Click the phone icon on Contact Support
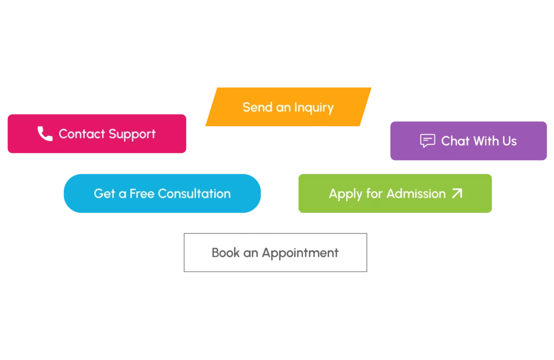[x=45, y=134]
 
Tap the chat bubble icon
[x=427, y=141]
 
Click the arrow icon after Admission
[x=457, y=193]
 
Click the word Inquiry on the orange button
[x=314, y=108]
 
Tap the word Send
[x=257, y=107]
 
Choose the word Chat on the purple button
[x=455, y=141]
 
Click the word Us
[x=509, y=141]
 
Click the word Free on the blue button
[x=142, y=193]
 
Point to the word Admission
[x=416, y=193]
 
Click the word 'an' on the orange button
[x=283, y=108]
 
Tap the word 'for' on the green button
[x=374, y=193]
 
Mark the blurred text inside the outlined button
[x=276, y=253]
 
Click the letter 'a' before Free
[x=122, y=194]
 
